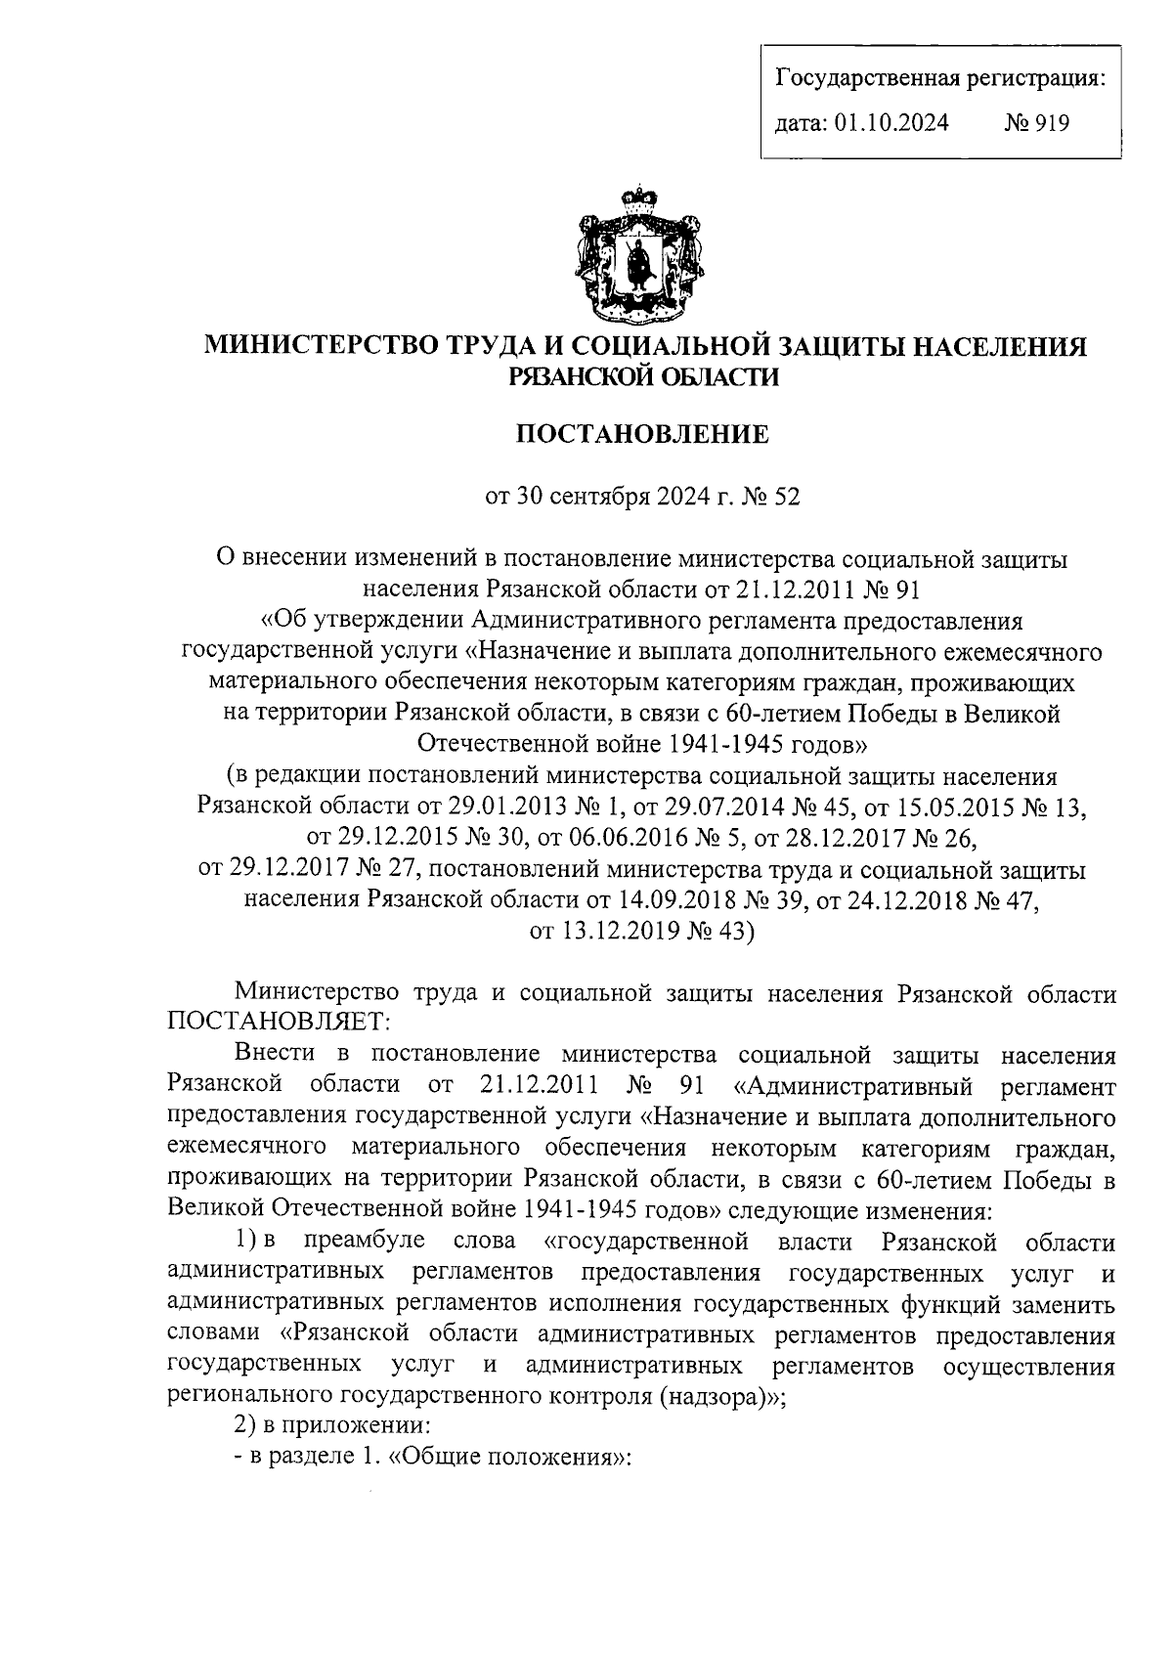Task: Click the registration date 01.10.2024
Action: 891,123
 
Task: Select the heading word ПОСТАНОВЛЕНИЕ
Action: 642,433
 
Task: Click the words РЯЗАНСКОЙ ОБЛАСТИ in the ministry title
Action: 643,376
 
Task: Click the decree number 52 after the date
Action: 787,497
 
